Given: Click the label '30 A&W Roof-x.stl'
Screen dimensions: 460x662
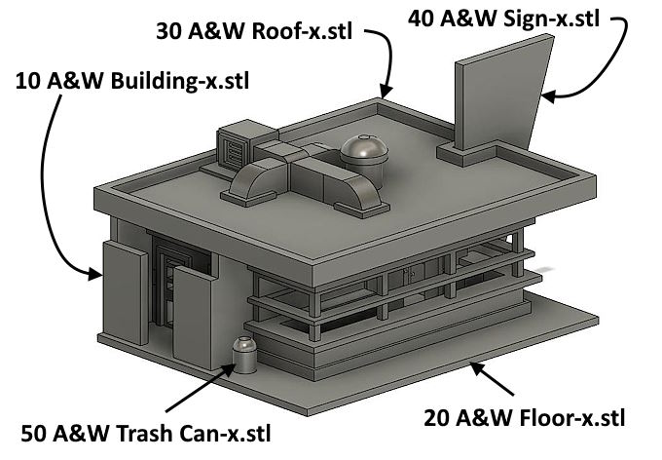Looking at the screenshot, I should click(x=252, y=30).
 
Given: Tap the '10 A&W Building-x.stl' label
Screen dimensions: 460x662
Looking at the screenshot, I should click(x=131, y=80).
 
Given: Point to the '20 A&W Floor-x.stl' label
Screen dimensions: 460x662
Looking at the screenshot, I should click(x=523, y=419).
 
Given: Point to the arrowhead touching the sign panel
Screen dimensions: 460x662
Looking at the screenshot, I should click(x=547, y=96).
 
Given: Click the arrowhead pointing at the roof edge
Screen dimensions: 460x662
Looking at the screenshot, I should click(x=386, y=94).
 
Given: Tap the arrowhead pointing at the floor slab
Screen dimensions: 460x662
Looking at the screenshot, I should click(x=474, y=367).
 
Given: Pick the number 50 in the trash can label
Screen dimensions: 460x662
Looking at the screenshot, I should click(x=35, y=432).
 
